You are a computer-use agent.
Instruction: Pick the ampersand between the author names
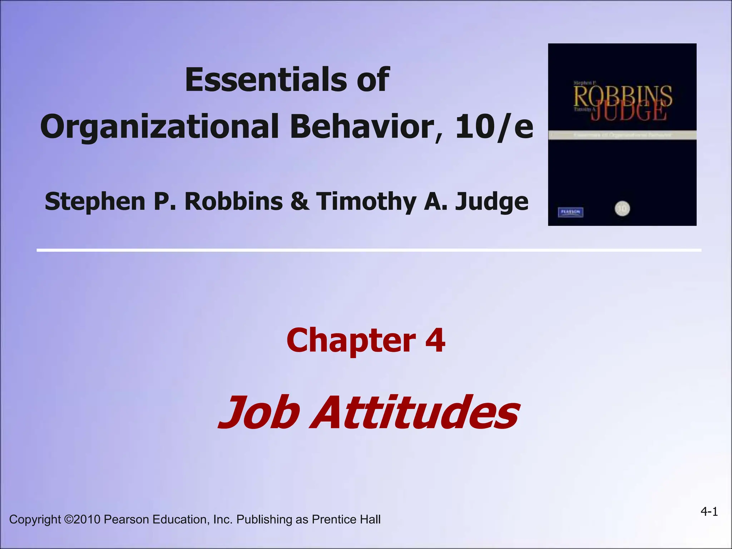(x=300, y=201)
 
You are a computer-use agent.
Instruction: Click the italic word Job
(x=259, y=413)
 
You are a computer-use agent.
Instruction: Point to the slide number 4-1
(x=709, y=512)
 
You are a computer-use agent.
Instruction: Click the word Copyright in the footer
(x=35, y=519)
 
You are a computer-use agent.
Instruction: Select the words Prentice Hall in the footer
(x=346, y=519)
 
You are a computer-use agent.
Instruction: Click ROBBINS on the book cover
(x=623, y=96)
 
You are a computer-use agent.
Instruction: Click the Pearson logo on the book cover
(x=570, y=212)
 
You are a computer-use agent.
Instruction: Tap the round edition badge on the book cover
(x=622, y=209)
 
